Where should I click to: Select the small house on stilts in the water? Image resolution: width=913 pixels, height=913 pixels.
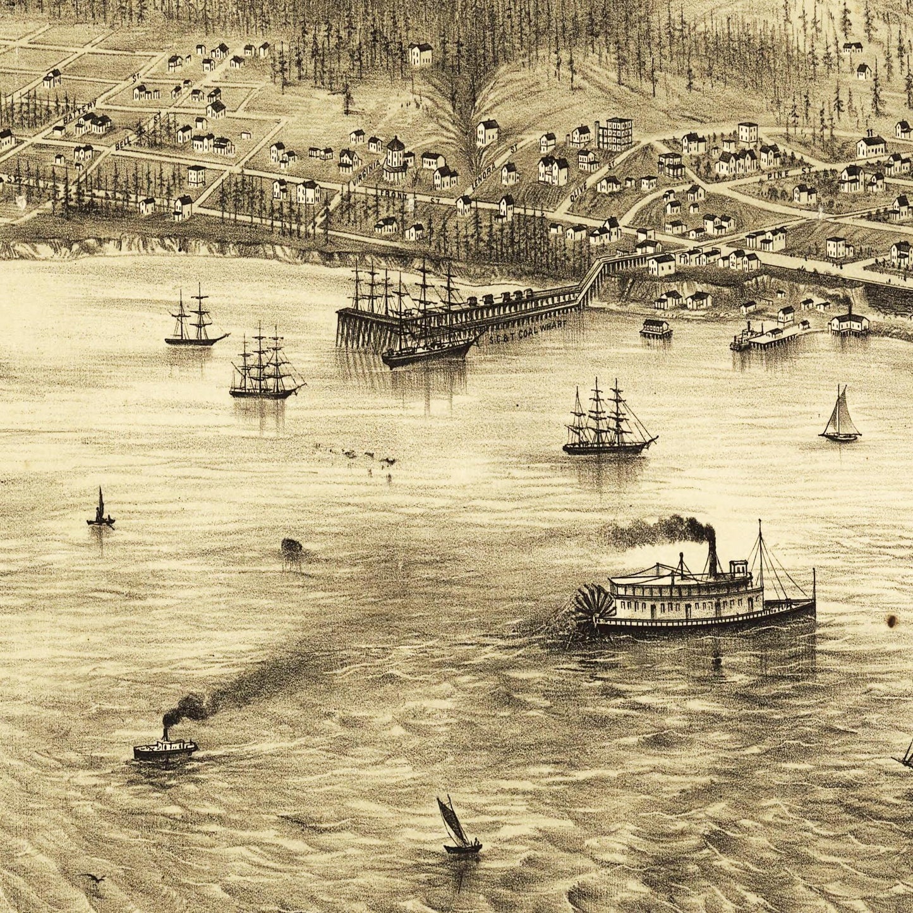pyautogui.click(x=656, y=328)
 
